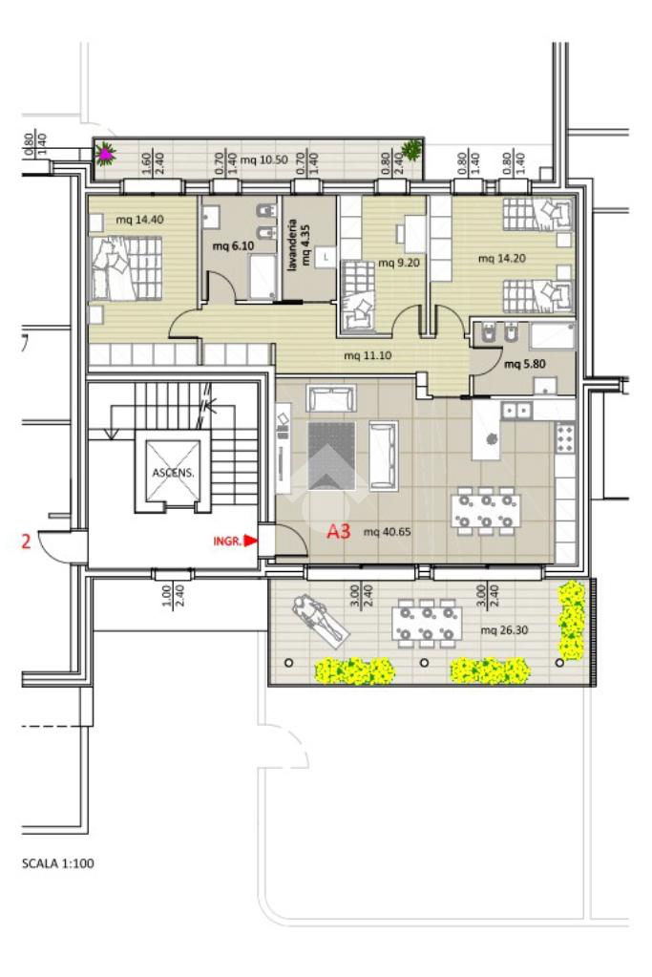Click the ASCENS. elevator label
(x=173, y=473)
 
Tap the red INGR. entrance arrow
(x=250, y=541)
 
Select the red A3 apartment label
(x=339, y=532)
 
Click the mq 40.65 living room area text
(x=387, y=532)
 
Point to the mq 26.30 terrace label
(x=504, y=630)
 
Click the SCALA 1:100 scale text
(x=58, y=863)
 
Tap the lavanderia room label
(x=291, y=244)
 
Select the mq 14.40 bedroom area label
(x=140, y=220)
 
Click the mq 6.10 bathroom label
(x=233, y=246)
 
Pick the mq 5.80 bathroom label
(x=524, y=364)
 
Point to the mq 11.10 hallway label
(x=368, y=356)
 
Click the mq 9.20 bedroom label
(x=398, y=263)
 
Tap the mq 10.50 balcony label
(x=264, y=160)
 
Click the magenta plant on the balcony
(x=106, y=153)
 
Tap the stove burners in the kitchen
(x=565, y=437)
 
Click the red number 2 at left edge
(x=26, y=541)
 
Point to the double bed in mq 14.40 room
(x=127, y=268)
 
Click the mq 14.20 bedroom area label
(x=502, y=258)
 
